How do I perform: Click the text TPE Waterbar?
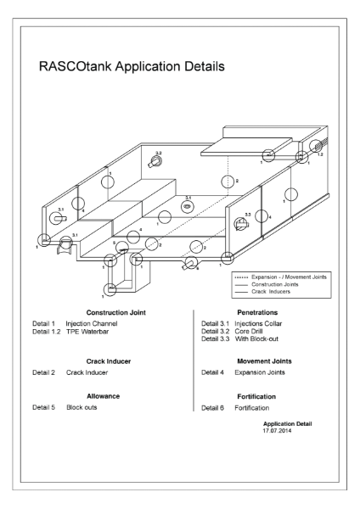click(88, 332)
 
